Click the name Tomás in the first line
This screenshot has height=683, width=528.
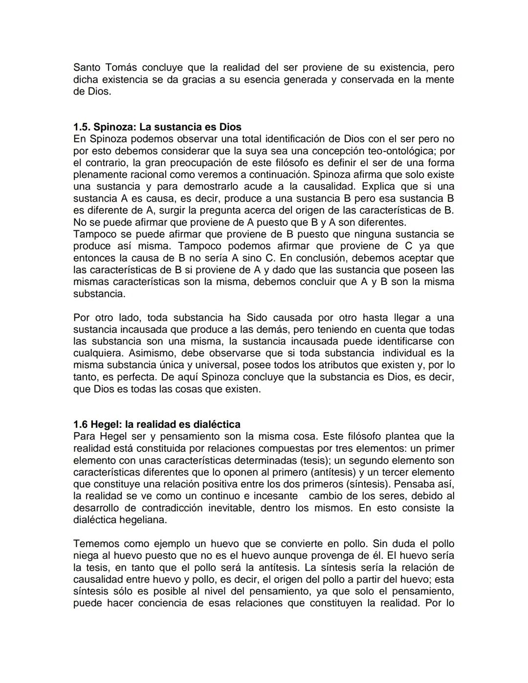120,67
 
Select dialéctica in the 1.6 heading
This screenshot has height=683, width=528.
217,424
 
